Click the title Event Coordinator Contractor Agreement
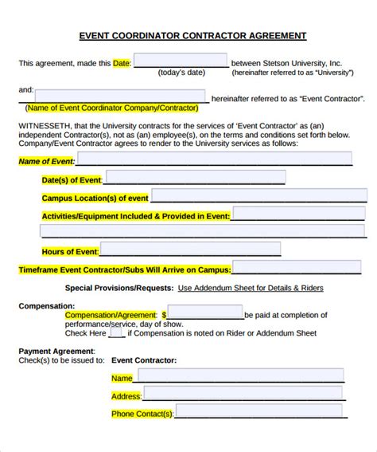192,36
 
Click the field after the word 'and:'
121,96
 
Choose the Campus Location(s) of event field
247,195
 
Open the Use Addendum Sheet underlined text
251,288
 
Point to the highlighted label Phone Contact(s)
142,415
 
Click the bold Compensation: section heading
47,305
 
